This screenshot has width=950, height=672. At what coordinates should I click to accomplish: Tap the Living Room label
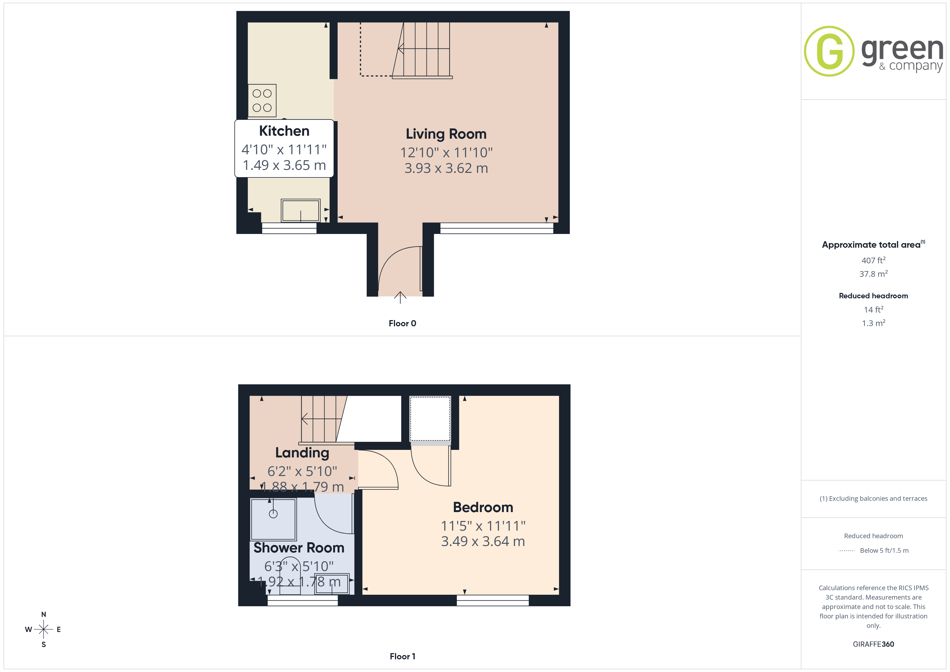point(446,134)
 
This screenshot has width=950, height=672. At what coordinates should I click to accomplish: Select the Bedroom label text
point(483,507)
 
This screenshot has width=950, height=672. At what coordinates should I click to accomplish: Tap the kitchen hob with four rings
point(262,100)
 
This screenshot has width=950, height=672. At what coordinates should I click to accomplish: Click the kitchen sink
point(301,211)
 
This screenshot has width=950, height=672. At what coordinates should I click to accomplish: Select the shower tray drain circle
point(273,514)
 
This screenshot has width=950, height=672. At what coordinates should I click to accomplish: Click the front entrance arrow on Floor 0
point(400,297)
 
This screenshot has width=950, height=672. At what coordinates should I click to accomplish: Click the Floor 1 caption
point(402,657)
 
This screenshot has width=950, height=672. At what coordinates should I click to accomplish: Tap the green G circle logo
point(829,51)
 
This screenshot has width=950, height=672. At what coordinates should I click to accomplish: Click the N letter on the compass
point(43,614)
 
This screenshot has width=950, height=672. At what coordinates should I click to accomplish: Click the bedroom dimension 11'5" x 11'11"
point(483,526)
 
